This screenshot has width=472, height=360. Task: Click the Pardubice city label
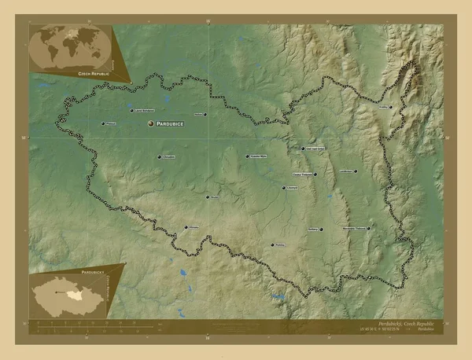tap(171, 125)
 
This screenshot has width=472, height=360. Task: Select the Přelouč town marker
tap(103, 123)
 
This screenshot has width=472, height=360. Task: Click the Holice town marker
tap(208, 115)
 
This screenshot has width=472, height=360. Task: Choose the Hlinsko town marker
tap(186, 227)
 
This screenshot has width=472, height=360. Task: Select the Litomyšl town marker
tap(284, 188)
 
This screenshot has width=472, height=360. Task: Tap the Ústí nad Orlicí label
tap(314, 148)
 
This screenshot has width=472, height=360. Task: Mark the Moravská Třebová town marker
tap(368, 229)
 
